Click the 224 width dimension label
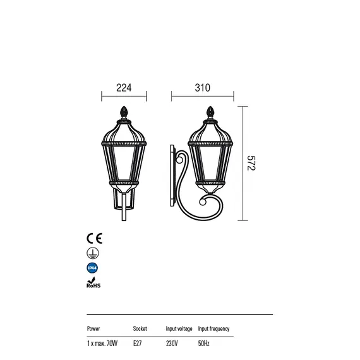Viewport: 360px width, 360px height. pyautogui.click(x=124, y=88)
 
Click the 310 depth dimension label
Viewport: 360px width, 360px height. pyautogui.click(x=202, y=88)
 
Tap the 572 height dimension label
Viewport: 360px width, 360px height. pyautogui.click(x=251, y=163)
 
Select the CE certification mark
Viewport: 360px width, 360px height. pyautogui.click(x=94, y=238)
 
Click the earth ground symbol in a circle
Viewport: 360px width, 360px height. pyautogui.click(x=93, y=253)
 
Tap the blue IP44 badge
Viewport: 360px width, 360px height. pyautogui.click(x=92, y=268)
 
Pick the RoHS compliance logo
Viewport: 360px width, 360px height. pyautogui.click(x=93, y=282)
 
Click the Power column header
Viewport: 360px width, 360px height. pyautogui.click(x=93, y=328)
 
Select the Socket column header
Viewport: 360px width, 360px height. pyautogui.click(x=140, y=328)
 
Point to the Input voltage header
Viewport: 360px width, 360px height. pyautogui.click(x=179, y=329)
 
